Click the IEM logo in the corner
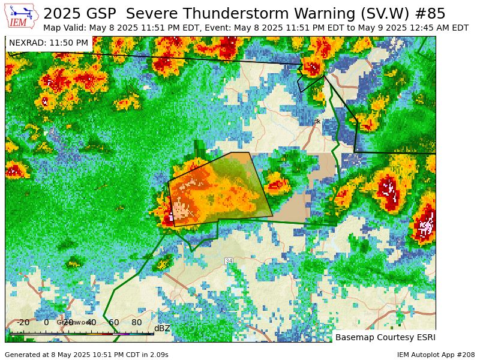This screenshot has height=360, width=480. coord(21,16)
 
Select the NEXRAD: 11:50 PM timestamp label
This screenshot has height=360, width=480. coord(49,43)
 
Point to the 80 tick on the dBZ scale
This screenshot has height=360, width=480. coord(137,323)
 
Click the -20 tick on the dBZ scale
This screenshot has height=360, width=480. coord(23,323)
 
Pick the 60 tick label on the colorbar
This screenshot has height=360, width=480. coord(114,323)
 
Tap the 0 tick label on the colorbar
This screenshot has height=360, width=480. coord(46,323)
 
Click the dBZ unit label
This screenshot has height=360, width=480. coord(162,328)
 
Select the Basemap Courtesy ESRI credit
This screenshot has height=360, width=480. coord(385,337)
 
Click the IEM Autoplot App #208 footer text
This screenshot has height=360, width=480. coord(436,355)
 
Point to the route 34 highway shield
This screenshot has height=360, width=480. coord(229,261)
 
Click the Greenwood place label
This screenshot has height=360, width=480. coord(74,322)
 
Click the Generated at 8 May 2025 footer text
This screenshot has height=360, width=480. coord(86,355)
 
